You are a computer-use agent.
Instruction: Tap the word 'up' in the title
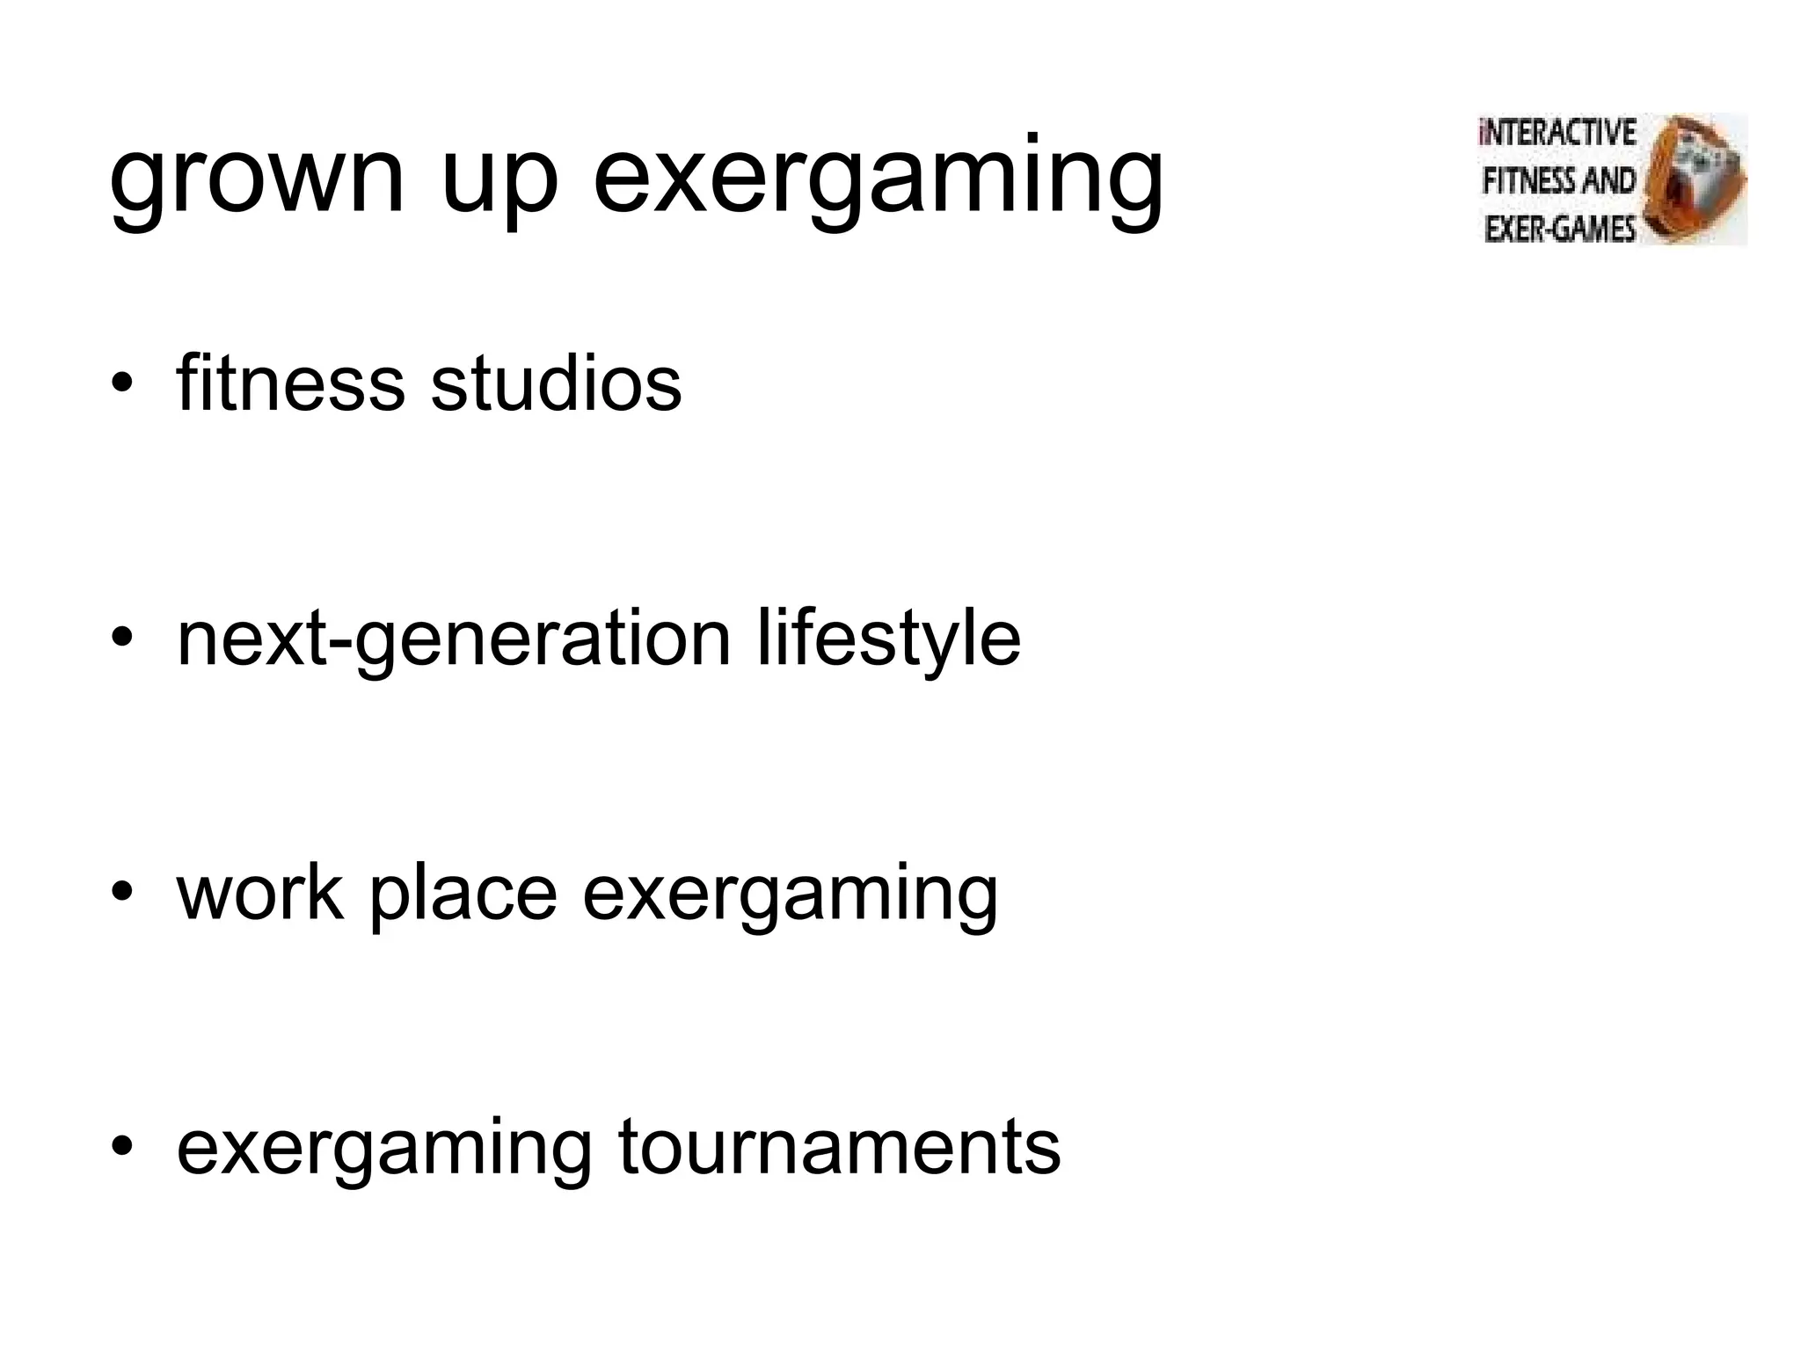(x=499, y=180)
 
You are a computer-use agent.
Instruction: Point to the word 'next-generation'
(x=454, y=639)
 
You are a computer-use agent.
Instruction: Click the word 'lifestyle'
(x=888, y=639)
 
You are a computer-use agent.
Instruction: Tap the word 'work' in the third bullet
(x=260, y=893)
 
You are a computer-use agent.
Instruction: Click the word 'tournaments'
(x=839, y=1147)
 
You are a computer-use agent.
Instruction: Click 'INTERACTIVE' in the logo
(x=1557, y=133)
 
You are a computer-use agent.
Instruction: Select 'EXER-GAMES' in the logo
(x=1559, y=230)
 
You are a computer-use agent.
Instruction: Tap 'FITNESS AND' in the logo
(x=1559, y=181)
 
